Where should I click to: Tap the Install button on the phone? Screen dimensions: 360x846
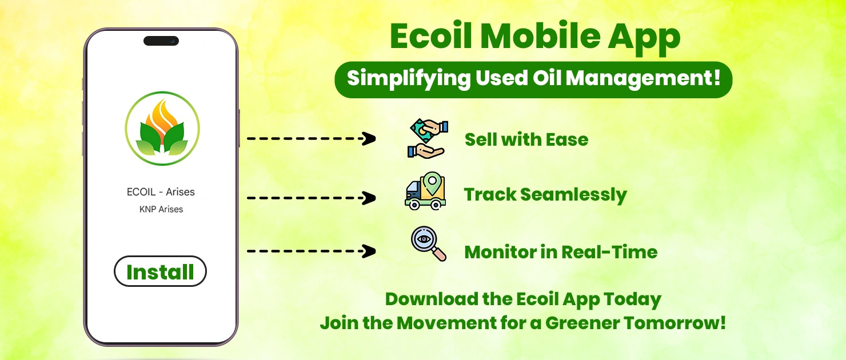coord(160,271)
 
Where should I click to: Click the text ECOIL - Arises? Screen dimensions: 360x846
coord(161,192)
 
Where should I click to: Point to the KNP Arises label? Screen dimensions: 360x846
coord(161,209)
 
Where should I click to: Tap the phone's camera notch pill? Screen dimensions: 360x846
coord(161,41)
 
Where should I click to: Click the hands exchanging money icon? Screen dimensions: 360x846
coord(428,138)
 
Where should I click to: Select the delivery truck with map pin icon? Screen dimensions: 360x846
coord(425,191)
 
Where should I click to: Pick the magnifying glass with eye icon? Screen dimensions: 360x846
coord(428,245)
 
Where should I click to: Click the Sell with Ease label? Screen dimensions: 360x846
coord(526,139)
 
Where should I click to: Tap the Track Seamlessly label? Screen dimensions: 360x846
coord(545,195)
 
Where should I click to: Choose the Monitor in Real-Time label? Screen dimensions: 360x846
coord(561,252)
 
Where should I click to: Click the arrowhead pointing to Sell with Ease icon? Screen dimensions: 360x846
coord(369,138)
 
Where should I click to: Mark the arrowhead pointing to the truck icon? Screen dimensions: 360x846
coord(369,198)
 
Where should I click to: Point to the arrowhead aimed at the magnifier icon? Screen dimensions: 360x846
coord(369,251)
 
